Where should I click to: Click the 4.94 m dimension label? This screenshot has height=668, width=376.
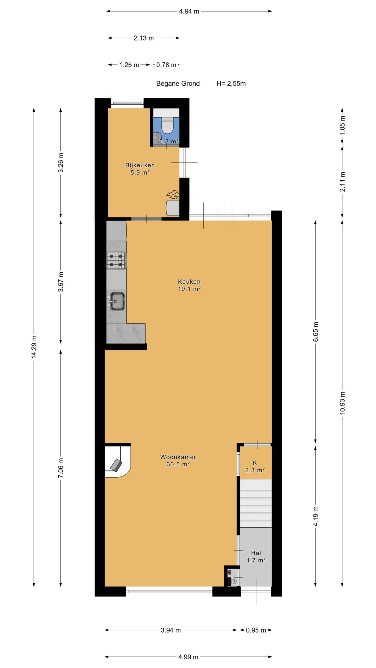(x=189, y=11)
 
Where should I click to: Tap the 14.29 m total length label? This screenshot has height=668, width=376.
(x=34, y=347)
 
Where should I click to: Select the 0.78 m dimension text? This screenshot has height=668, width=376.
(x=166, y=65)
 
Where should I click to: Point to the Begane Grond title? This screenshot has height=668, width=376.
(x=178, y=83)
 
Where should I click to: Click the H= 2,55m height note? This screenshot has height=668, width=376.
(x=231, y=83)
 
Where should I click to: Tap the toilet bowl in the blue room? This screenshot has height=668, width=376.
(x=167, y=125)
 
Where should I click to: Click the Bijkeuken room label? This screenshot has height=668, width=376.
(x=140, y=165)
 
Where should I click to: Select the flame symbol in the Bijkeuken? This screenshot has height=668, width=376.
(x=173, y=194)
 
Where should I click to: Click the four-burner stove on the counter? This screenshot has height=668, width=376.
(x=116, y=260)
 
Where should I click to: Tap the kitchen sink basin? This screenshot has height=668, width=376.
(x=117, y=301)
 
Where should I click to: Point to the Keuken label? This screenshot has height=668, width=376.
(x=189, y=282)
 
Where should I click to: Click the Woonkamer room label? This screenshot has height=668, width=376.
(x=178, y=457)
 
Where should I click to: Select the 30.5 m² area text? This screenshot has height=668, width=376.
(x=178, y=464)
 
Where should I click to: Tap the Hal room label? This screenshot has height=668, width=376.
(x=256, y=553)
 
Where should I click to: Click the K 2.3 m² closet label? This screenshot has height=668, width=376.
(x=255, y=467)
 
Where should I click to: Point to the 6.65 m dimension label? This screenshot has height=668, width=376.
(x=316, y=332)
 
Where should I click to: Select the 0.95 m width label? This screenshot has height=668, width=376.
(x=256, y=630)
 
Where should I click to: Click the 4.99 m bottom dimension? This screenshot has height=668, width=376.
(x=188, y=657)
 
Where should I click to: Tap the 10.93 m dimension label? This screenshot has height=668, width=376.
(x=343, y=403)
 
